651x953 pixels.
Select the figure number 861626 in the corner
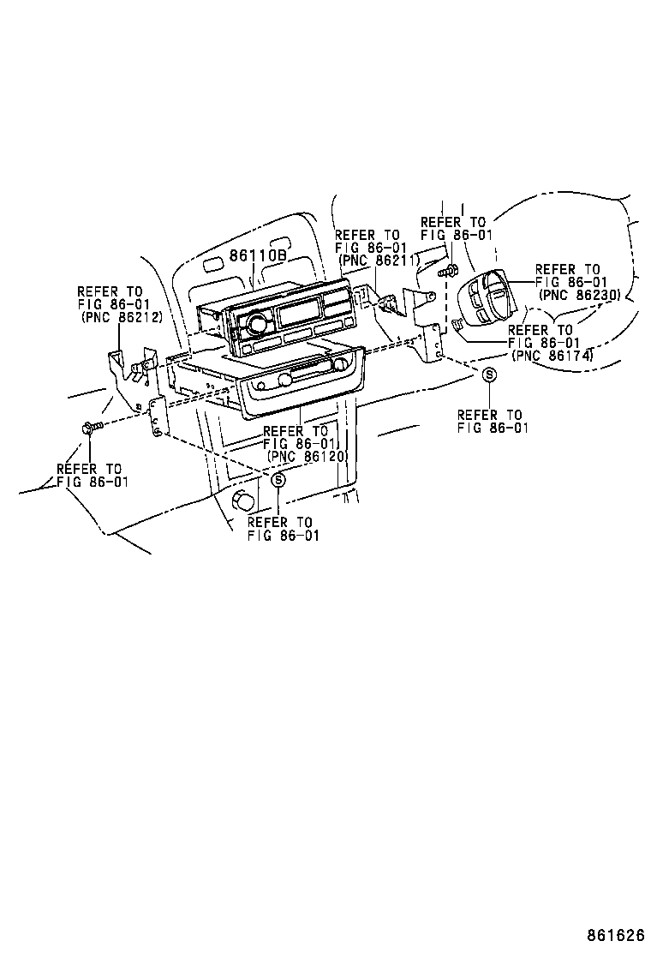tap(615, 934)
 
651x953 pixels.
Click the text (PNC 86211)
tap(379, 260)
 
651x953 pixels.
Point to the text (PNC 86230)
tap(580, 294)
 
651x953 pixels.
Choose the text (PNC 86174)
tap(552, 355)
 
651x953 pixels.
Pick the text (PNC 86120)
tap(306, 457)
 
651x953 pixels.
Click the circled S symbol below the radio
tap(278, 481)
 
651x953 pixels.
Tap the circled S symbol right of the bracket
tap(488, 375)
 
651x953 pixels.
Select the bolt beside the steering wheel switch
tap(445, 273)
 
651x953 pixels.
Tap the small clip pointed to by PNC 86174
tap(457, 323)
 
